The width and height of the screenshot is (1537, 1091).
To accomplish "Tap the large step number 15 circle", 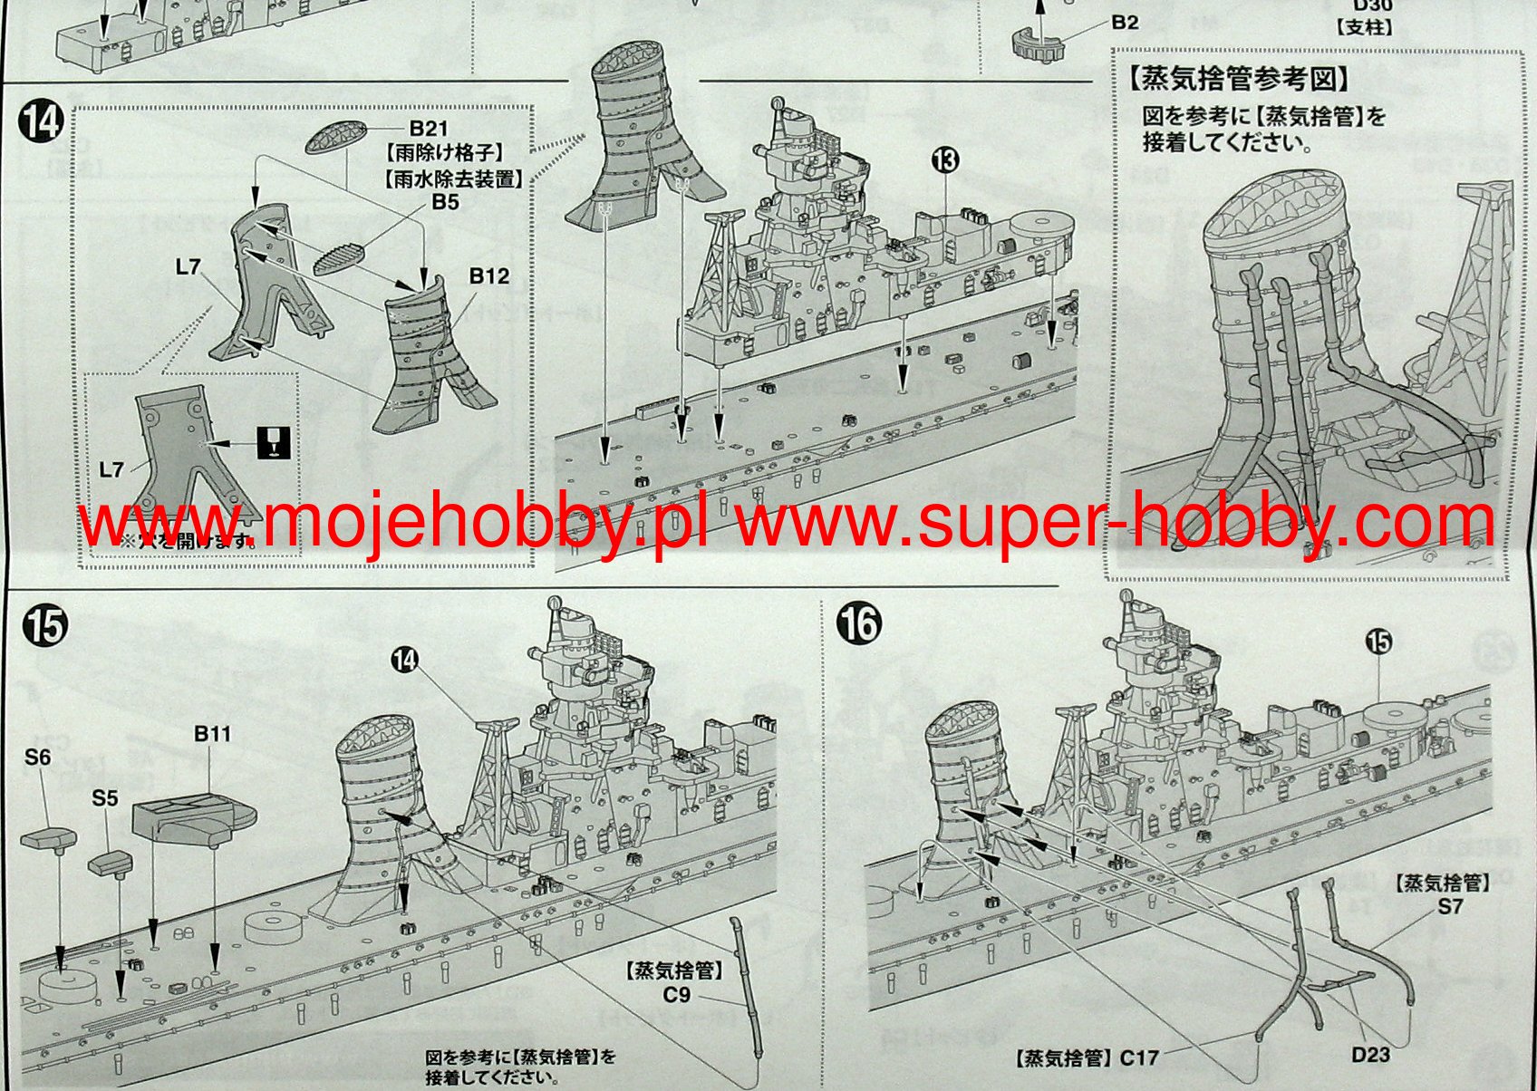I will coord(44,626).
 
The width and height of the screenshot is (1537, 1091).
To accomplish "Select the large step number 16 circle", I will coord(858,624).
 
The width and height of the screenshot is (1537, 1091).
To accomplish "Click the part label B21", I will coord(428,129).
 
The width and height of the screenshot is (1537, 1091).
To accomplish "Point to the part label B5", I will coord(445,202).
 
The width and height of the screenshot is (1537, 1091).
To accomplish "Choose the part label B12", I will coord(488,275).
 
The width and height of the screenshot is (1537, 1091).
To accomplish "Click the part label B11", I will coord(212,733).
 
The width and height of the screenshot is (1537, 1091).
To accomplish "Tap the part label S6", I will coord(38,757).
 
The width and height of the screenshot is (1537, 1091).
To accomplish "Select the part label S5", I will coord(105,797).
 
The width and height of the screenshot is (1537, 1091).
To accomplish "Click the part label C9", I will coord(676,996).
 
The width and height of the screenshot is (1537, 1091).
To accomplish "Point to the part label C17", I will coord(1138,1057).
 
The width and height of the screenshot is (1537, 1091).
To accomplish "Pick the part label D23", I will coord(1370,1055).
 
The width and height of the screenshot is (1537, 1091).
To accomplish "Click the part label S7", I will coord(1450,906).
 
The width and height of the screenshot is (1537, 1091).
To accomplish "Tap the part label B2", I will coord(1125,22).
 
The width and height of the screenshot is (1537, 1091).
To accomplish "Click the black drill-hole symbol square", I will coord(274,442).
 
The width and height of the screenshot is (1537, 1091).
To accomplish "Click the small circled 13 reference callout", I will coord(944,161).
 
